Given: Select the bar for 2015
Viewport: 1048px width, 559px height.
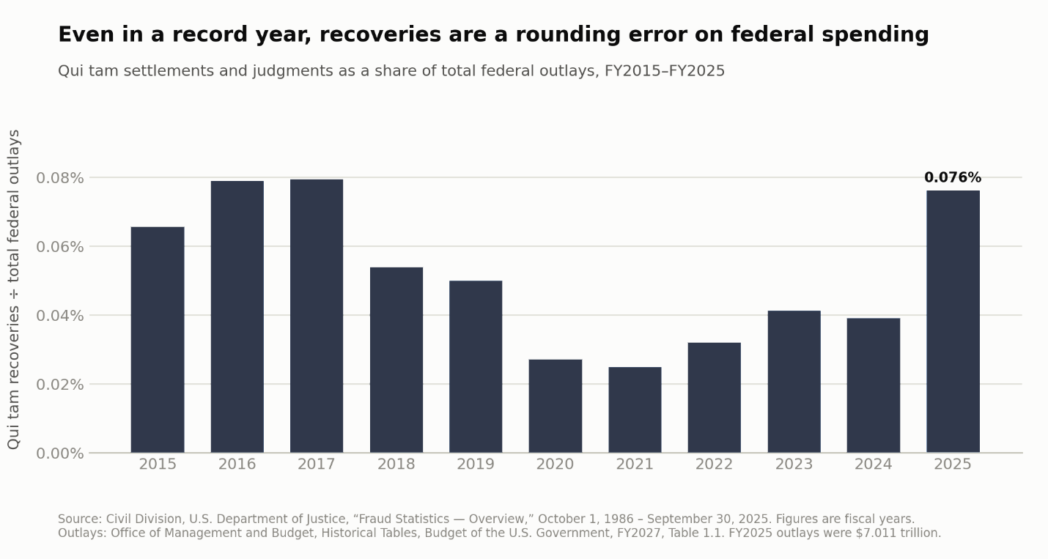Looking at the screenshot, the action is point(158,340).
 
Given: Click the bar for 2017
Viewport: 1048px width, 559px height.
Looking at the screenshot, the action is point(317,316).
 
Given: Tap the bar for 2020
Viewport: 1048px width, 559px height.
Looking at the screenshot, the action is point(556,406).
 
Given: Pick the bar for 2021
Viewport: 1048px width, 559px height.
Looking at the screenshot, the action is point(635,410).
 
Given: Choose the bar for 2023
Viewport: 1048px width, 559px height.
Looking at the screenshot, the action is point(794,382).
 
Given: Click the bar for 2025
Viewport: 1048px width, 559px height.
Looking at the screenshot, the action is point(953,322).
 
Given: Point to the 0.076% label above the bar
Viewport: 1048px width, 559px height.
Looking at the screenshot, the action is point(953,178).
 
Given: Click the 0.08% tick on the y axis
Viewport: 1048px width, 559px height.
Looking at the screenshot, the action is point(60,178).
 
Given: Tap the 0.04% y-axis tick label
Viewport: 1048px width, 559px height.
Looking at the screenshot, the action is point(60,316).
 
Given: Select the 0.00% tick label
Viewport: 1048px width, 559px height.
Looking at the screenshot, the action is point(60,454).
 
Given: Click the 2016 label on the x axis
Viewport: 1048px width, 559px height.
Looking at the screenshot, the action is point(237,464).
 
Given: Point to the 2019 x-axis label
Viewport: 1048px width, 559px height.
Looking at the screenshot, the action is point(476,464).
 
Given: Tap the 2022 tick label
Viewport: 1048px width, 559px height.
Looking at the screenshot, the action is point(715,464).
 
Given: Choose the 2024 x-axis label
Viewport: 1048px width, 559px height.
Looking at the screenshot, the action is point(874,464).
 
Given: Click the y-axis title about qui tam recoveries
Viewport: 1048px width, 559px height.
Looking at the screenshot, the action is point(14,289).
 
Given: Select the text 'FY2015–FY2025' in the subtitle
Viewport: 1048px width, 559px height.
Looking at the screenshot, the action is point(665,71).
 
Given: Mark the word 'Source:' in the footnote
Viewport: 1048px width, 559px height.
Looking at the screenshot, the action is point(80,519).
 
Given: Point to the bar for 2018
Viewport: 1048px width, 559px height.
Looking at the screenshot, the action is point(396,360).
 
